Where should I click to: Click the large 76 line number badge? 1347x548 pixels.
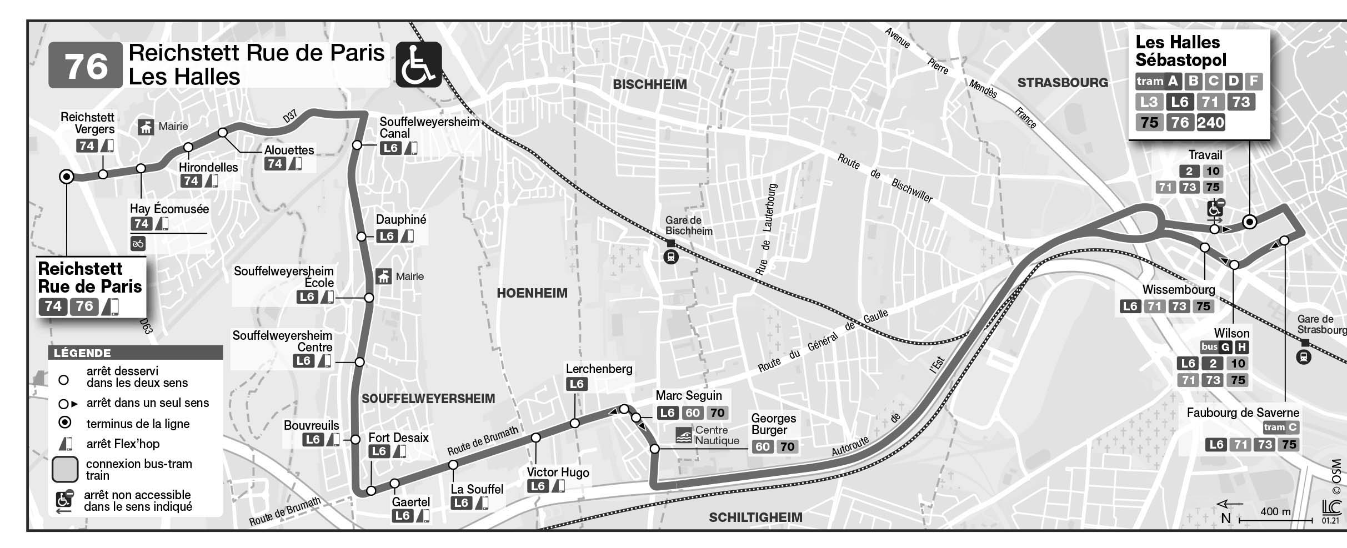[86, 66]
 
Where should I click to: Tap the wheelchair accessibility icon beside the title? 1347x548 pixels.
[418, 65]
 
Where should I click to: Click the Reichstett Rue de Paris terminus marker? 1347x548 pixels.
[66, 177]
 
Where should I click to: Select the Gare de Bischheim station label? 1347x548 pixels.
[689, 226]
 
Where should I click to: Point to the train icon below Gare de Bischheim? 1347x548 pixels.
[671, 258]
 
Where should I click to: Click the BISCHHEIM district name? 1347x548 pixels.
[649, 84]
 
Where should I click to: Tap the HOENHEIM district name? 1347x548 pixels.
[532, 293]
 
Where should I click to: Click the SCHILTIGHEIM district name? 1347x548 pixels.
[755, 517]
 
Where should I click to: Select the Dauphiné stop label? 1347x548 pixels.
[401, 219]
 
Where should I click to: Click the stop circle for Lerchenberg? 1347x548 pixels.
[575, 423]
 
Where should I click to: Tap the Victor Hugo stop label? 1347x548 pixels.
[558, 472]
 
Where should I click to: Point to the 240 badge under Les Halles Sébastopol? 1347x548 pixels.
[1211, 123]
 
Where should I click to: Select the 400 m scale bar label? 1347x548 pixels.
[1275, 511]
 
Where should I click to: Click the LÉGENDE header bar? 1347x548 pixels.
[135, 353]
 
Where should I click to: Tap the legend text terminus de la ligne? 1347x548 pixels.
[138, 424]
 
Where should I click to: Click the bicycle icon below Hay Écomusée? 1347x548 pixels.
[138, 243]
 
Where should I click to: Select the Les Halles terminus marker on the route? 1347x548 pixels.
[1250, 222]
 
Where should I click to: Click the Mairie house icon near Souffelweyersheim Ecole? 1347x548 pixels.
[383, 276]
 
